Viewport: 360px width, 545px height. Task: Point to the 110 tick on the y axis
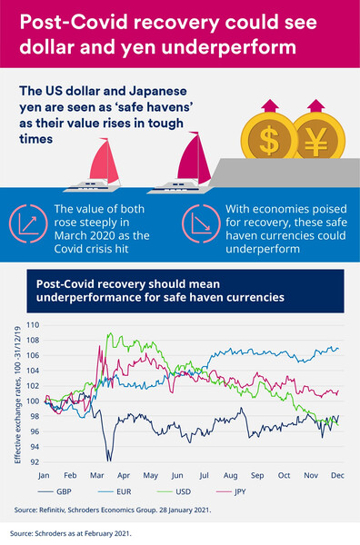pyautogui.click(x=33, y=324)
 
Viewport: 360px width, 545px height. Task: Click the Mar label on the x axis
pyautogui.click(x=95, y=475)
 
